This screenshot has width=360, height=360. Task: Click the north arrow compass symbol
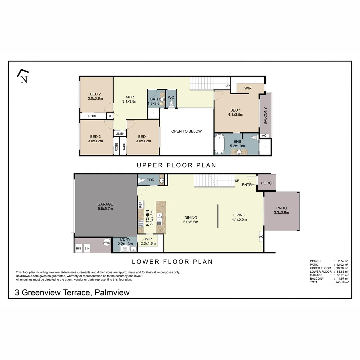tap(23, 76)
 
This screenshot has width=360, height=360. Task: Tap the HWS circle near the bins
tap(107, 243)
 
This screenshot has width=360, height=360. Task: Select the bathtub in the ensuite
tap(219, 144)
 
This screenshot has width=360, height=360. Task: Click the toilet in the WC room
tap(171, 104)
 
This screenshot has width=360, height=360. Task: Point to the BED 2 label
tap(95, 94)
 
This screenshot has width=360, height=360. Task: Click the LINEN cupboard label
tap(120, 134)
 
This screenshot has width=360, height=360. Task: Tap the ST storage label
tap(109, 116)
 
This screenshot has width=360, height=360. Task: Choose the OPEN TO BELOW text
tap(186, 131)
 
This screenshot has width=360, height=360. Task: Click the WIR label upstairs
tap(248, 88)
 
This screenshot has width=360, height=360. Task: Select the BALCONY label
tap(266, 116)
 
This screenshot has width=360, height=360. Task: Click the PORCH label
tap(267, 183)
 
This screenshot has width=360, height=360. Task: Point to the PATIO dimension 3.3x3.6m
tap(281, 213)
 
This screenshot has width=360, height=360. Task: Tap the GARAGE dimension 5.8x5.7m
tap(105, 209)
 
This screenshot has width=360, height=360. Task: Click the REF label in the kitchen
tap(141, 204)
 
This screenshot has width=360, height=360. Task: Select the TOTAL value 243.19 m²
tap(341, 282)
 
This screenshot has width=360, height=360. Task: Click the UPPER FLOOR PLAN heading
tap(176, 165)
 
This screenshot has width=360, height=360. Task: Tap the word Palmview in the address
tap(112, 293)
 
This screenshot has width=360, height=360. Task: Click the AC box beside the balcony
tap(264, 136)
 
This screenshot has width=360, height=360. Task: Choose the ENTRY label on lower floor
tap(248, 185)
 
